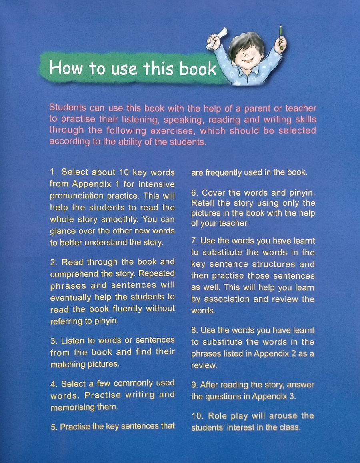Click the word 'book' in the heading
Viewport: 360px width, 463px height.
click(198, 68)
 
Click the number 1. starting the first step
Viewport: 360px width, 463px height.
click(54, 173)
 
